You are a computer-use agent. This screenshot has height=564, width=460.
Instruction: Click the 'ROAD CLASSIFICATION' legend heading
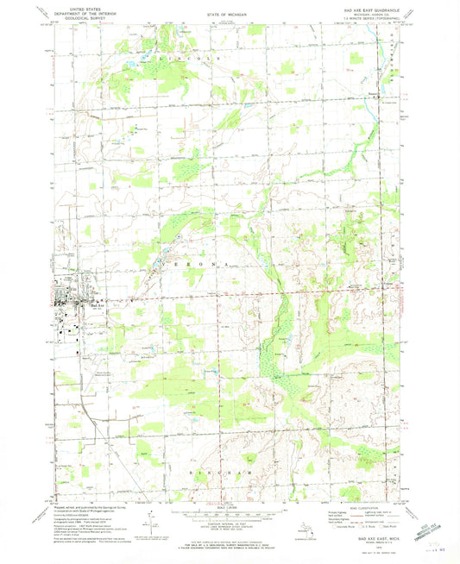pyautogui.click(x=360, y=507)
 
